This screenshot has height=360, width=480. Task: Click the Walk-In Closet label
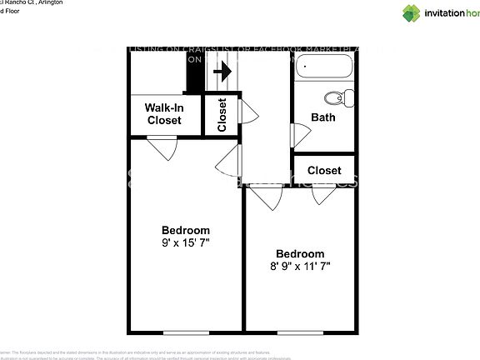(164, 114)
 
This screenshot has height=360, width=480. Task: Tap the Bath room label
(323, 117)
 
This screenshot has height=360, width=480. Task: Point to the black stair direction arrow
(222, 72)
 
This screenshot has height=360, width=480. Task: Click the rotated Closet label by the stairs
(222, 115)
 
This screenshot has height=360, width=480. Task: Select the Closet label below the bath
(324, 170)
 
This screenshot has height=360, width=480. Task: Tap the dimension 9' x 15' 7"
(185, 243)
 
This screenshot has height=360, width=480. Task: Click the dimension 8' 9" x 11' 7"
(300, 267)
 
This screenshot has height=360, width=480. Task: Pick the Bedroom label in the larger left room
(185, 230)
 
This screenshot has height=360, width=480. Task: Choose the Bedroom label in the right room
(300, 253)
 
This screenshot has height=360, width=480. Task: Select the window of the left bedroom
(186, 332)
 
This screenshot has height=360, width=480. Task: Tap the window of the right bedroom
(300, 332)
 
